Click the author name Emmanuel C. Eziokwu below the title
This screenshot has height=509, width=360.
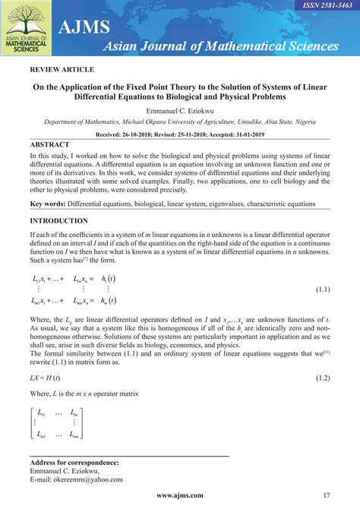click(180, 111)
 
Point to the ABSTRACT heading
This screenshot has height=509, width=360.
click(49, 144)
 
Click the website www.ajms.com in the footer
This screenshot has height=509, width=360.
click(180, 495)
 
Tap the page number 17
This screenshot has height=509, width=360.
click(326, 495)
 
